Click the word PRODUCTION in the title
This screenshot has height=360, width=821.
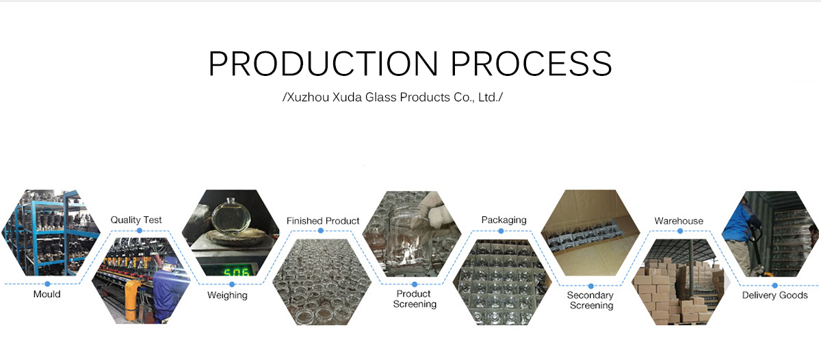tap(323, 64)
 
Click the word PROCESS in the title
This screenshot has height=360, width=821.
tap(532, 64)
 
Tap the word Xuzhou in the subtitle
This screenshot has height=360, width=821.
tap(308, 97)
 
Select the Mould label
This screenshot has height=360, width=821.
tap(47, 294)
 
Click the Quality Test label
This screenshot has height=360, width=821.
tap(136, 220)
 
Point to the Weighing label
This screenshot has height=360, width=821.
tap(227, 296)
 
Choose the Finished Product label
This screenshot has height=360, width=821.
tap(323, 220)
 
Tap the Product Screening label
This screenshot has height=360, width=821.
tap(415, 299)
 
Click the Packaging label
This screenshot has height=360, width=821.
tap(504, 220)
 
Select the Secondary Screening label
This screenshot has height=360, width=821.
tap(590, 300)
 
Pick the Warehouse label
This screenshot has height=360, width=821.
tap(679, 220)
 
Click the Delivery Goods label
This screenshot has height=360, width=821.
tap(774, 295)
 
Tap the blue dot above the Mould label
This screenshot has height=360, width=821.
tap(47, 284)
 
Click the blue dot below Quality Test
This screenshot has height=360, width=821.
tap(140, 231)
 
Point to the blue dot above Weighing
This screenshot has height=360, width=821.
tap(232, 285)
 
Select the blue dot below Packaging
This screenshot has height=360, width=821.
tap(501, 231)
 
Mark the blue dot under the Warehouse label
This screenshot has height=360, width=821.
tap(680, 231)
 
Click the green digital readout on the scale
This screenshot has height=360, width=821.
tap(236, 272)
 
